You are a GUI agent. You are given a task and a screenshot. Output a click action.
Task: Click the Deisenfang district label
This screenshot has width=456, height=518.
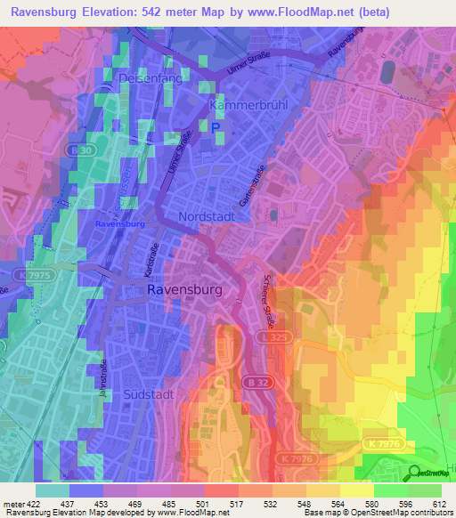[x=151, y=78]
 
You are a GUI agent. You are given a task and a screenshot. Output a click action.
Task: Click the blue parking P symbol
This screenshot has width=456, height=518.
[x=216, y=128]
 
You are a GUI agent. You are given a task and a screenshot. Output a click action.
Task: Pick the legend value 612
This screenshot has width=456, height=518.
[x=441, y=504]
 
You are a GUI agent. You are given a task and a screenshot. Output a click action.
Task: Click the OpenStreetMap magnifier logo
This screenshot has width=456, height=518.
[x=415, y=472]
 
